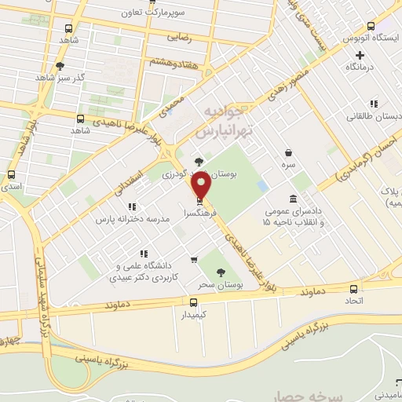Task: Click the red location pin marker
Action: pos(202,185)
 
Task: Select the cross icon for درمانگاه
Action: pos(360,55)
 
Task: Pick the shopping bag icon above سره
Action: pos(290,153)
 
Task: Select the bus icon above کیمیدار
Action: pos(194,301)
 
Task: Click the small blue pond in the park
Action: pos(262,185)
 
